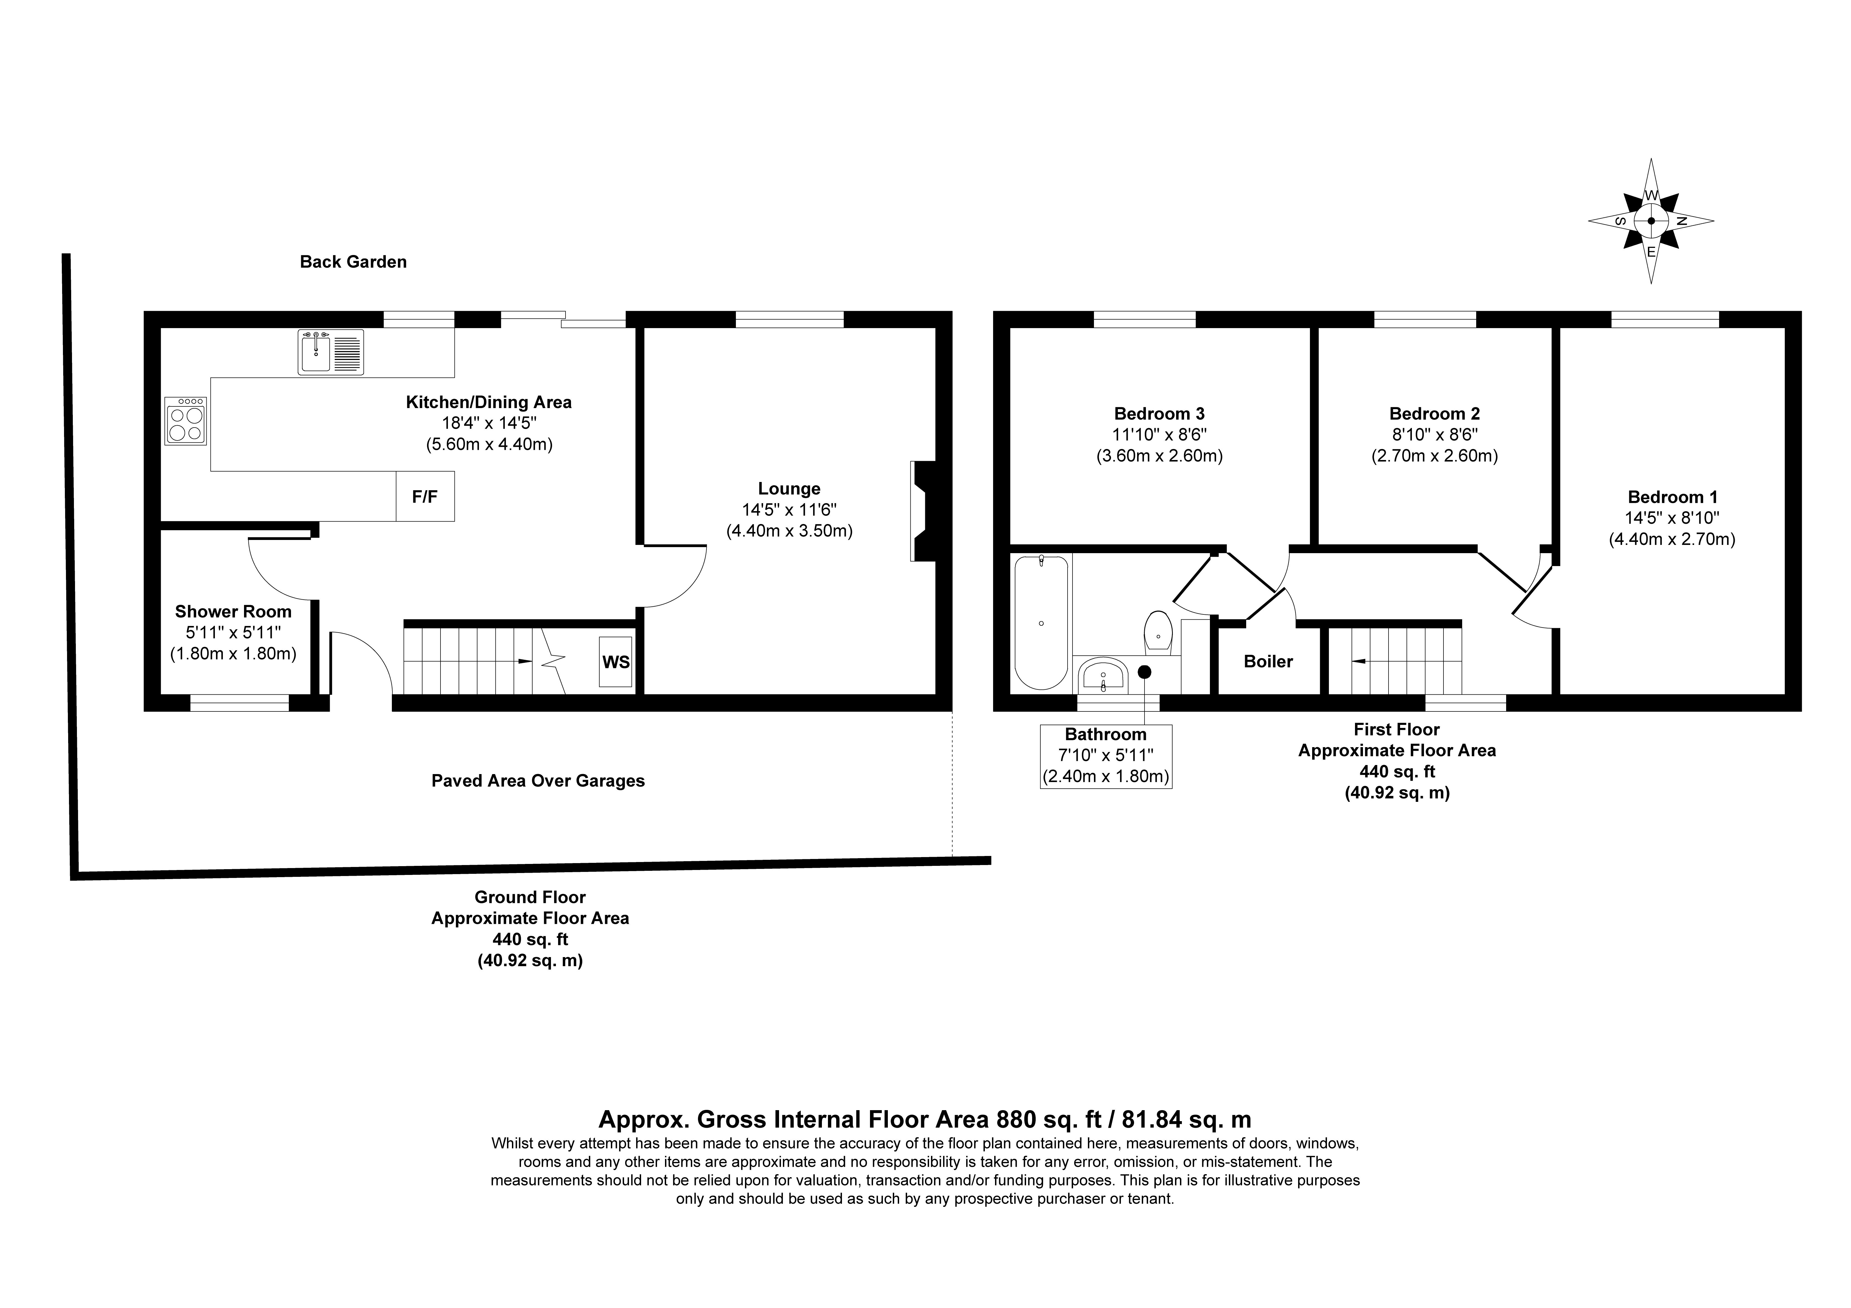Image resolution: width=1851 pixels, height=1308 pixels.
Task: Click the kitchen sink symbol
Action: point(331,352)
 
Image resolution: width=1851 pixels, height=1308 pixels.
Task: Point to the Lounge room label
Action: point(789,489)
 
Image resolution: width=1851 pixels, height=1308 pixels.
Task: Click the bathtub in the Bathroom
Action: point(1041,622)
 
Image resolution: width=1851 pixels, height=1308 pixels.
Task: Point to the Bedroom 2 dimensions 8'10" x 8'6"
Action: point(1435,435)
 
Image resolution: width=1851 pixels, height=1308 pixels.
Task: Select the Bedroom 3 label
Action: point(1159,414)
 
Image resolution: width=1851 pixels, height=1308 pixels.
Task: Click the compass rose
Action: point(1651,221)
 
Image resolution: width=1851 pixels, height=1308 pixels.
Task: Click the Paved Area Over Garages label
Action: point(538,781)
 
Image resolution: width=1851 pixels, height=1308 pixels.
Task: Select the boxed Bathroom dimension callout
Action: point(1106,756)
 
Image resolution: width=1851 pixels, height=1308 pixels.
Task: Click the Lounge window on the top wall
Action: point(789,319)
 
